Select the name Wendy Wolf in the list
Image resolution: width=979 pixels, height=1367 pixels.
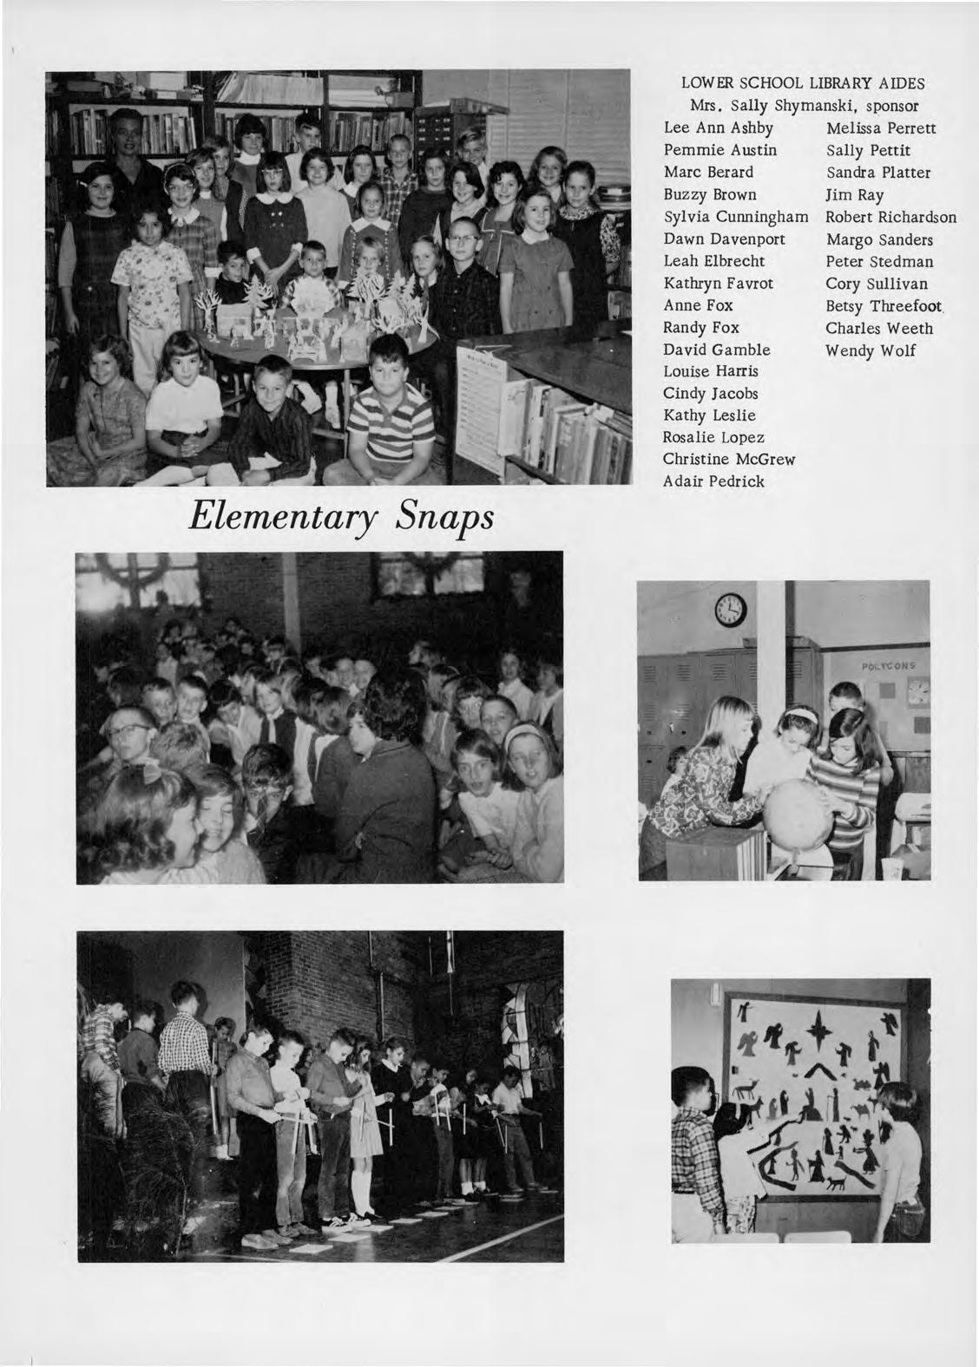tap(871, 351)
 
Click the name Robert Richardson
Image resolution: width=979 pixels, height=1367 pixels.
tap(891, 218)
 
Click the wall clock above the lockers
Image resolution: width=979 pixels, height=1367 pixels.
tap(731, 611)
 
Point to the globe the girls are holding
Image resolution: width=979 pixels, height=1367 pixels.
tap(798, 816)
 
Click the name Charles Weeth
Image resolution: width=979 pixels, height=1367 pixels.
tap(879, 329)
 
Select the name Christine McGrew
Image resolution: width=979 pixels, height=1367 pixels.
tap(729, 460)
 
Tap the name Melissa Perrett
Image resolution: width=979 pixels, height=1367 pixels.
tap(881, 128)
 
